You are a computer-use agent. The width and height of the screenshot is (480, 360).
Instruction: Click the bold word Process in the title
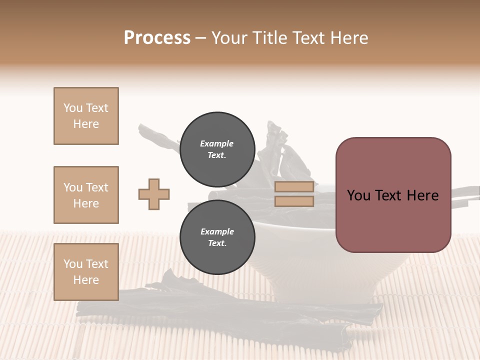pyautogui.click(x=157, y=38)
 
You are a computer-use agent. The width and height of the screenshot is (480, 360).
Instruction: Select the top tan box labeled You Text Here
pyautogui.click(x=86, y=116)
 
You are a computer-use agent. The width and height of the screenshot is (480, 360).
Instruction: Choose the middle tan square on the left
pyautogui.click(x=86, y=195)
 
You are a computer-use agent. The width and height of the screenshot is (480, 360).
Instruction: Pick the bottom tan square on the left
pyautogui.click(x=86, y=272)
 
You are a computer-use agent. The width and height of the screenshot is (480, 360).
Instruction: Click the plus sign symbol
pyautogui.click(x=154, y=194)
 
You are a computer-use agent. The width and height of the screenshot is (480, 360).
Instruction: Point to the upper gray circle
pyautogui.click(x=217, y=149)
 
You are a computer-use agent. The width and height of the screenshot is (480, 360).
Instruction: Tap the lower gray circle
pyautogui.click(x=217, y=237)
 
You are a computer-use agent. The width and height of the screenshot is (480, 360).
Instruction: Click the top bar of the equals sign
pyautogui.click(x=294, y=187)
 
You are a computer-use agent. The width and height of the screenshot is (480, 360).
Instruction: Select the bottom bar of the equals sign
pyautogui.click(x=294, y=201)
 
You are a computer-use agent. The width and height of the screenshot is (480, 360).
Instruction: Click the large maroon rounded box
pyautogui.click(x=393, y=194)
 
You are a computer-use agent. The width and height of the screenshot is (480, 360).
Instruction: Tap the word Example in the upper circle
pyautogui.click(x=217, y=143)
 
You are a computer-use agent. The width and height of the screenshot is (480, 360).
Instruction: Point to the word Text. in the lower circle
pyautogui.click(x=217, y=243)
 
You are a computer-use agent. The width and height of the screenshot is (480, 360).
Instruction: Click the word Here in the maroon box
pyautogui.click(x=422, y=195)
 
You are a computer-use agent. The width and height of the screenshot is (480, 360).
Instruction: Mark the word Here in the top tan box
pyautogui.click(x=86, y=124)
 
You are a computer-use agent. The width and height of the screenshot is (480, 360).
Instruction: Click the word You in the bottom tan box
pyautogui.click(x=73, y=264)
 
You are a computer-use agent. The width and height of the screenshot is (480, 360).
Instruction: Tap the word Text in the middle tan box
pyautogui.click(x=96, y=187)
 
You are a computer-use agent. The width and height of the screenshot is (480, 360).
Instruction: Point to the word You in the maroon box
pyautogui.click(x=358, y=195)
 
